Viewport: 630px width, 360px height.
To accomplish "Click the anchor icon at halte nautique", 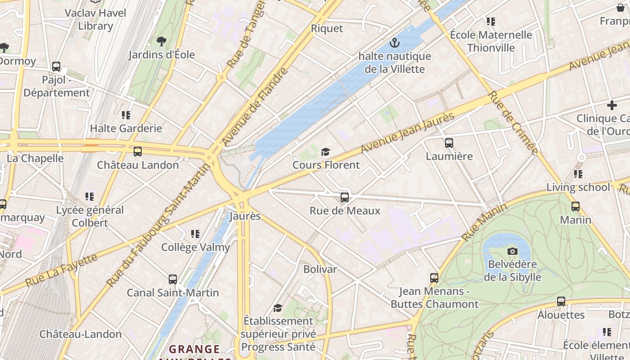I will [x=395, y=43].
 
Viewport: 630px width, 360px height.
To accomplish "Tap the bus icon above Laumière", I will [x=449, y=143].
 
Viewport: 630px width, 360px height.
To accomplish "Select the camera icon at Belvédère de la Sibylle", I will [x=512, y=251].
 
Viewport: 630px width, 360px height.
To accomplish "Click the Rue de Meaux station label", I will [x=345, y=211].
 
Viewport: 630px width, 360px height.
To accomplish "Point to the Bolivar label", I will [x=320, y=269].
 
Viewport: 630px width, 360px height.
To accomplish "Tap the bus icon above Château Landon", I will [x=138, y=152].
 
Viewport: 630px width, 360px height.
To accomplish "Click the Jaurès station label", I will [x=245, y=216].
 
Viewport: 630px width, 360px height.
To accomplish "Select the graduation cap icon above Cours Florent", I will [x=325, y=152].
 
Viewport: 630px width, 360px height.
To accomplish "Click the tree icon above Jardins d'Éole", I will [x=161, y=42].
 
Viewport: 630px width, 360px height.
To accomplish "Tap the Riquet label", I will [x=327, y=28].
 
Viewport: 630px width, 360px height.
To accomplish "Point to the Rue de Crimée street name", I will [x=513, y=122].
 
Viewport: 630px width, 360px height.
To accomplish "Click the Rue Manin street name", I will [x=484, y=222].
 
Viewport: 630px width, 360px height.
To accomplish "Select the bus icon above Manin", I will [x=575, y=207].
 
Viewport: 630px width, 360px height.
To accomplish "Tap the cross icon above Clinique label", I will [x=612, y=105].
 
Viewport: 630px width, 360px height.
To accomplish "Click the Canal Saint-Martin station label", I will [x=173, y=292].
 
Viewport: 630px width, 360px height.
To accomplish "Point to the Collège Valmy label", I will [x=195, y=247].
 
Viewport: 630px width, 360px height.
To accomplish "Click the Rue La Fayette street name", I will [x=61, y=270].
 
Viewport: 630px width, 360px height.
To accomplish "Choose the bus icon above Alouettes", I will [x=561, y=301].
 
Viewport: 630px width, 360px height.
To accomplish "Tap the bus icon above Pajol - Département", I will [x=56, y=67].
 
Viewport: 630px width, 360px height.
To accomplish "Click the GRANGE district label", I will [x=194, y=349].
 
